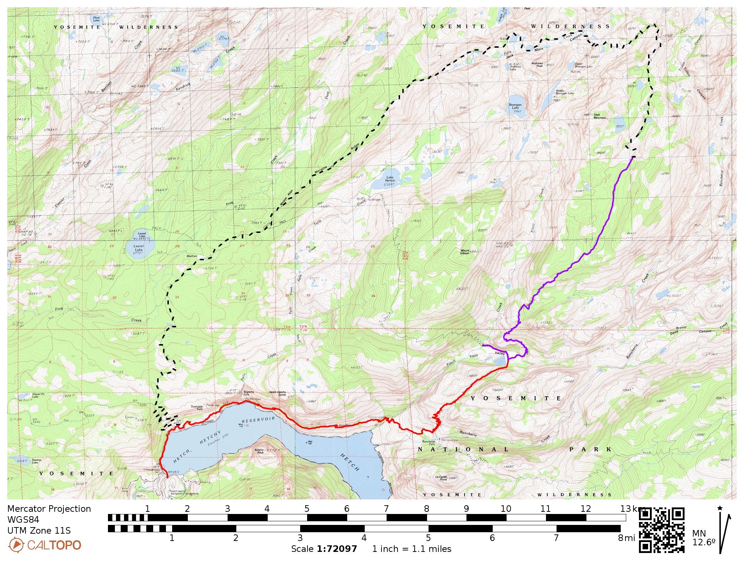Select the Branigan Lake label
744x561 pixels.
pos(515,106)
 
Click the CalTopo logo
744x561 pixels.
pos(44,545)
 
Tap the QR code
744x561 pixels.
pos(662,530)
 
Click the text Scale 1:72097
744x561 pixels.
pos(324,549)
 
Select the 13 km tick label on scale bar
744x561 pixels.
pos(628,509)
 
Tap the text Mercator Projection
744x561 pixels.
pos(49,509)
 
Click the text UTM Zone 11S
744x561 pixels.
pos(39,530)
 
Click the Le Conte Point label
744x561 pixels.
pos(442,478)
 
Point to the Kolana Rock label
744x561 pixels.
pos(259,451)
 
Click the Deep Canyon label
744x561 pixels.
pos(694,331)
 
